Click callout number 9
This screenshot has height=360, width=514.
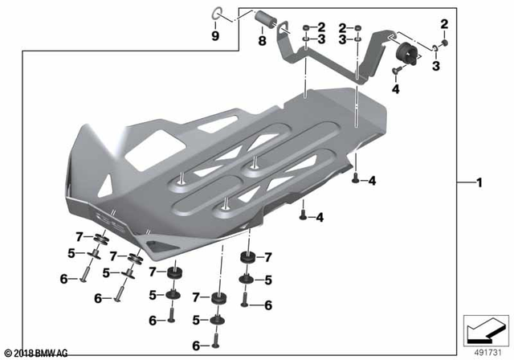(x=215, y=37)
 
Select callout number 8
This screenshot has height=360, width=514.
(x=261, y=38)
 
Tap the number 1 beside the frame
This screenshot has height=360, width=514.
(x=479, y=184)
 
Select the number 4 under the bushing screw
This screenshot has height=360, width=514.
(x=395, y=89)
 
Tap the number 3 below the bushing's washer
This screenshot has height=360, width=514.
(x=436, y=67)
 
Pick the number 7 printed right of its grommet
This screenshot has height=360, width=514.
(x=268, y=258)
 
